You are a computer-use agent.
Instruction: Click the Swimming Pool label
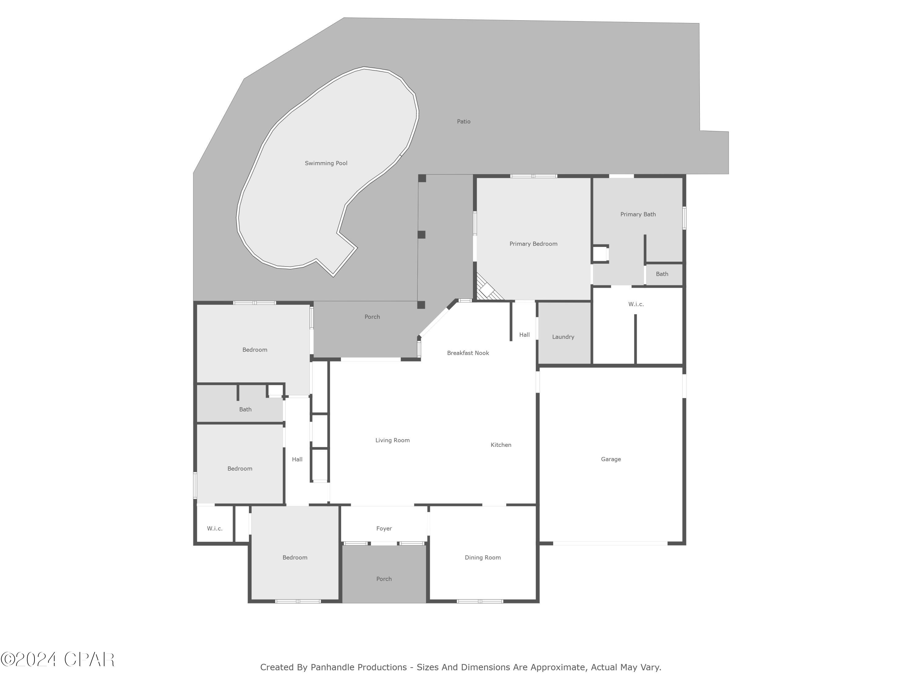tap(326, 163)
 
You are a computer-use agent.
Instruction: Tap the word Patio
tap(463, 122)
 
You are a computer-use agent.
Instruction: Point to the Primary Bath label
tap(638, 214)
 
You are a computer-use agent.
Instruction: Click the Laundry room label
tap(563, 337)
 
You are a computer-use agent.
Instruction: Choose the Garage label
tap(611, 459)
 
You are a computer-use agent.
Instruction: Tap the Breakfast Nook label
tap(468, 353)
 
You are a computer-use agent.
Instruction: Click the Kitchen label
tap(501, 445)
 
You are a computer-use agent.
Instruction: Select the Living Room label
tap(392, 440)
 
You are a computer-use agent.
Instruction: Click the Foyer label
tap(384, 528)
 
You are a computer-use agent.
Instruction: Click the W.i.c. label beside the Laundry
tap(636, 304)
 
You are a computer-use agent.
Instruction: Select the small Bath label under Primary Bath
tap(662, 274)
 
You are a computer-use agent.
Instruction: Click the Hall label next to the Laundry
tap(524, 334)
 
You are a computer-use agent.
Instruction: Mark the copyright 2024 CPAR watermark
tap(57, 659)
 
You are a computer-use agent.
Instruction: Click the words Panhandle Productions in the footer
tap(358, 668)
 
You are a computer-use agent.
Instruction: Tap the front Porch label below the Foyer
tap(384, 579)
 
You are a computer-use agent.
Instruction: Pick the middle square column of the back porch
tap(421, 235)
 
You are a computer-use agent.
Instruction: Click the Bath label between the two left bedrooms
tap(245, 409)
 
